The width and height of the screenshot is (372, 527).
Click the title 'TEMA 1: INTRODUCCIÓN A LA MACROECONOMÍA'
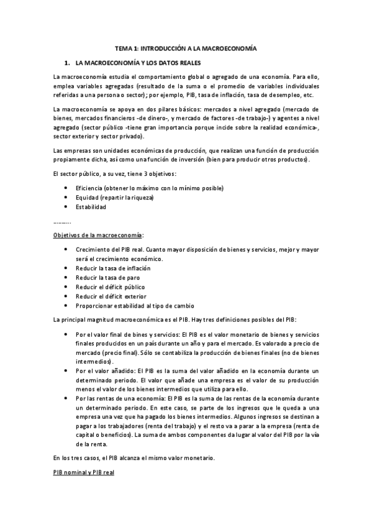coord(186,48)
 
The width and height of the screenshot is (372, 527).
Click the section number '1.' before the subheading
coord(66,63)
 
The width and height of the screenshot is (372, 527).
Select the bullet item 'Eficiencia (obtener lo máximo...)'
coord(149,188)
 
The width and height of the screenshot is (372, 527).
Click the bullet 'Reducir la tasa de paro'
coord(107,277)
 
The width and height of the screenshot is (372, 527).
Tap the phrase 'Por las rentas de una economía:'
coord(120,398)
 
